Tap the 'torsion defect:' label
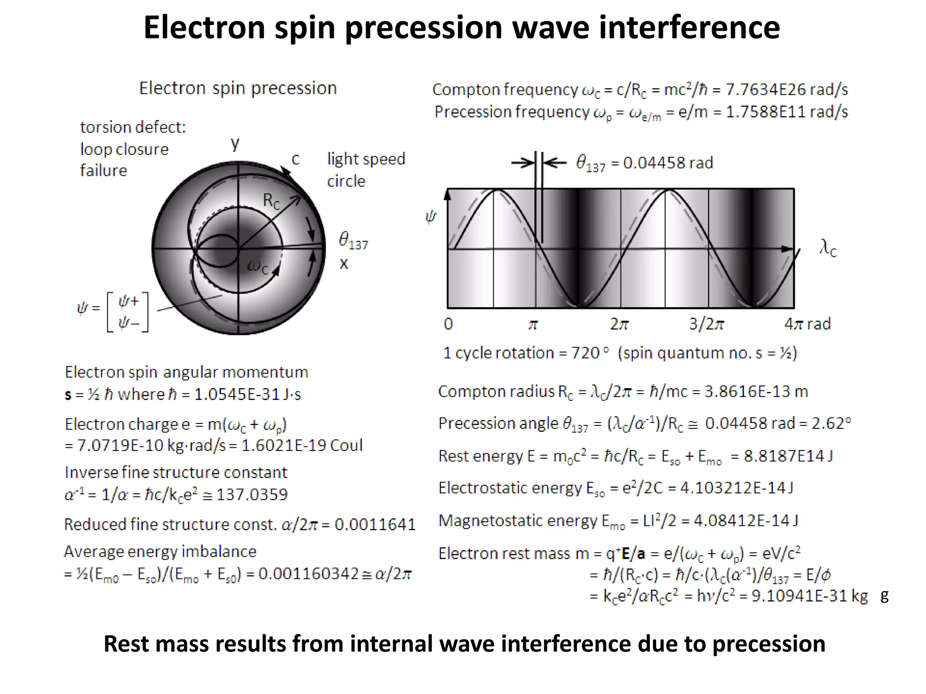click(x=133, y=127)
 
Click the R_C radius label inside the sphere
click(x=271, y=201)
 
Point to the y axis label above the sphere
click(x=235, y=144)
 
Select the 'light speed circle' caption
click(x=365, y=170)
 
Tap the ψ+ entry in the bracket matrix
click(x=128, y=301)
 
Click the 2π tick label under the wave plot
click(x=619, y=324)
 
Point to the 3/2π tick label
click(x=706, y=324)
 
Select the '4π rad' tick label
click(x=808, y=324)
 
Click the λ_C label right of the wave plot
click(x=828, y=248)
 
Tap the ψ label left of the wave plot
click(x=431, y=217)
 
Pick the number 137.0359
click(x=252, y=495)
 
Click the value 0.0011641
click(x=375, y=525)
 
